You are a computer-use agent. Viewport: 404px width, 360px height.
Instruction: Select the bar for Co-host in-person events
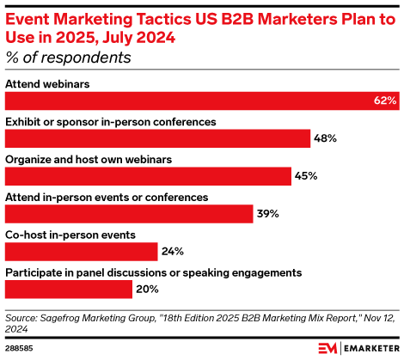pyautogui.click(x=82, y=251)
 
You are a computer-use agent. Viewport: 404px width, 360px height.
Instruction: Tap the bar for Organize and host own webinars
pyautogui.click(x=149, y=176)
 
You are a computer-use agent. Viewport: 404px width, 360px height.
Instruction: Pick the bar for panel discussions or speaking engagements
pyautogui.click(x=69, y=289)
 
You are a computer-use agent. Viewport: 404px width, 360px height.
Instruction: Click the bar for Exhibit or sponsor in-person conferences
pyautogui.click(x=158, y=138)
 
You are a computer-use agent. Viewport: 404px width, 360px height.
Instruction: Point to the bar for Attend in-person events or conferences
pyautogui.click(x=129, y=214)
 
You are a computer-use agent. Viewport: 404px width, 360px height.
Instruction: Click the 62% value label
pyautogui.click(x=384, y=101)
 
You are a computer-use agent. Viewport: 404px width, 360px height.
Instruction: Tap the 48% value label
pyautogui.click(x=325, y=138)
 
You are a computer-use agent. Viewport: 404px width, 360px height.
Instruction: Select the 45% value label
pyautogui.click(x=306, y=176)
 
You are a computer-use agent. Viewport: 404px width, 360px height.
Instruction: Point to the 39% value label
pyautogui.click(x=267, y=214)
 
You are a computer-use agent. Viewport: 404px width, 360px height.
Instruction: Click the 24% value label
pyautogui.click(x=173, y=251)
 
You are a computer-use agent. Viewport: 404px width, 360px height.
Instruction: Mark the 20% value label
pyautogui.click(x=147, y=289)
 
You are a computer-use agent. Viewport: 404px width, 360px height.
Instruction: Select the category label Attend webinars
pyautogui.click(x=48, y=84)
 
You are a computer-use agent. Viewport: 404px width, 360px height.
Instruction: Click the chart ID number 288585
pyautogui.click(x=22, y=350)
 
